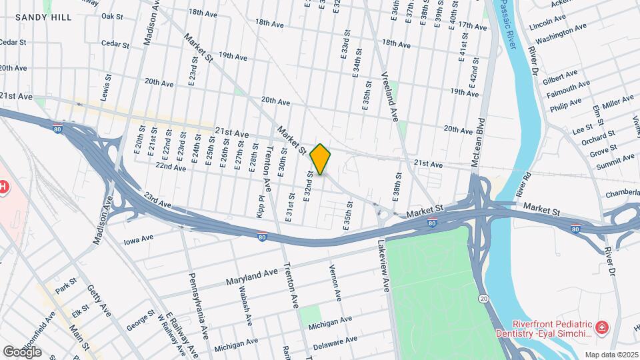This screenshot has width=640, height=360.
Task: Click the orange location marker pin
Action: pyautogui.click(x=321, y=159)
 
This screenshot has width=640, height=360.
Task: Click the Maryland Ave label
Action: pyautogui.click(x=251, y=274)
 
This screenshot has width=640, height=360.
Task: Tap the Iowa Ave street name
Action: pyautogui.click(x=139, y=237)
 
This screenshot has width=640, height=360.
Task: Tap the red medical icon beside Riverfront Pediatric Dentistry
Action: pyautogui.click(x=601, y=327)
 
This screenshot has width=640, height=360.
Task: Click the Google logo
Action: pyautogui.click(x=22, y=351)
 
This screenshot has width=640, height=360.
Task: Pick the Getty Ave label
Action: pyautogui.click(x=97, y=301)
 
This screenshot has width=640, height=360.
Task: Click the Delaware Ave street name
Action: pyautogui.click(x=335, y=342)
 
